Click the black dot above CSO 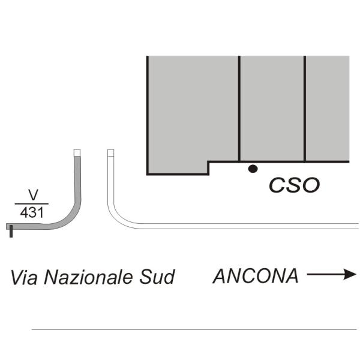point(253,169)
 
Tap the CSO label point(294,185)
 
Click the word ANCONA point(256,276)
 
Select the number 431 point(32,212)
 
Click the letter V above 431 point(33,195)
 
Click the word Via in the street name point(24,277)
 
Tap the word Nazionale point(88,277)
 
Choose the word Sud point(157,277)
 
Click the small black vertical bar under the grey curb point(11,231)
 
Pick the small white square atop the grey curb point(77,153)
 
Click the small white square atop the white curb point(111,153)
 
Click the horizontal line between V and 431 point(32,203)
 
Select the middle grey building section point(272,109)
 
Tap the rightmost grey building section point(328,109)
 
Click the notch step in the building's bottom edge point(208,162)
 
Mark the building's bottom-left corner point(148,175)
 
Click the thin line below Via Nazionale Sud point(194,329)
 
